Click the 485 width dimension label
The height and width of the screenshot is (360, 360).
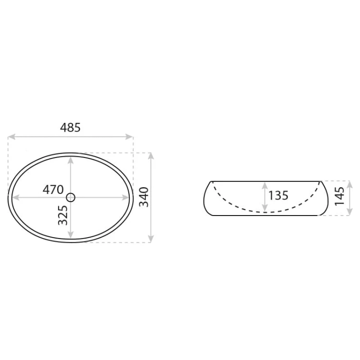pos(70,127)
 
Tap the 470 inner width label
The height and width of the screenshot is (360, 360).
pos(53,190)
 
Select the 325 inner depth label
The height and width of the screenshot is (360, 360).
pos(63,215)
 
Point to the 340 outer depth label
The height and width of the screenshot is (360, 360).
pos(144,197)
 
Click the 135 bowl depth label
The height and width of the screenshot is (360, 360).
pos(278,196)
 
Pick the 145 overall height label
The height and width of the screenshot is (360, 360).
pos(339,196)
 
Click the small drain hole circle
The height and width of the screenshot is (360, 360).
pos(71,197)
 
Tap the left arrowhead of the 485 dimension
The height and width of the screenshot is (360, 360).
pos(12,137)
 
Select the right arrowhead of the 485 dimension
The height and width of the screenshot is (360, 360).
pos(130,137)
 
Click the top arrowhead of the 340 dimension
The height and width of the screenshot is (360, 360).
pos(151,156)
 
